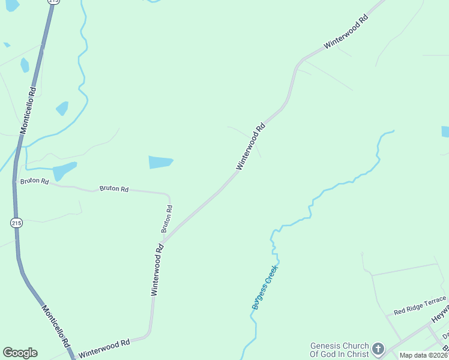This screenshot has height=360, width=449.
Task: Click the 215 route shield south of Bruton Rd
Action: click(16, 223)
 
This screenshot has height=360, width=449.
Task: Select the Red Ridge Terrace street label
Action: click(420, 306)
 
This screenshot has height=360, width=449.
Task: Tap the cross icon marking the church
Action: click(378, 349)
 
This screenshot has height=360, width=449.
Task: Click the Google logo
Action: click(20, 353)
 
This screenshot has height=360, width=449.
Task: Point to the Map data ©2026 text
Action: click(423, 355)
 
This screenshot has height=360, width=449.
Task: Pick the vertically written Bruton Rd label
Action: click(167, 219)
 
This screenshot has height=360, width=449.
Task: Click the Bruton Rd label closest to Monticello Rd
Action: click(34, 181)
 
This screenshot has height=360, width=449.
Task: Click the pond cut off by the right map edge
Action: click(445, 131)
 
